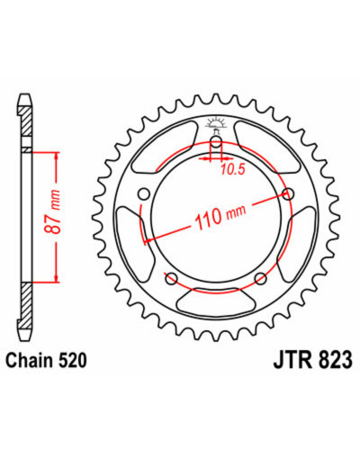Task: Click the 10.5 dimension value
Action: tap(233, 170)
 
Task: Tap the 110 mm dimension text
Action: tap(220, 216)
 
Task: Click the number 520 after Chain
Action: tap(72, 360)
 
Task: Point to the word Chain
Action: tap(31, 360)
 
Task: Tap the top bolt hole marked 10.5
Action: tap(216, 142)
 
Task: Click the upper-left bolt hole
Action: tap(144, 194)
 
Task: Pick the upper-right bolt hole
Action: tap(289, 194)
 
